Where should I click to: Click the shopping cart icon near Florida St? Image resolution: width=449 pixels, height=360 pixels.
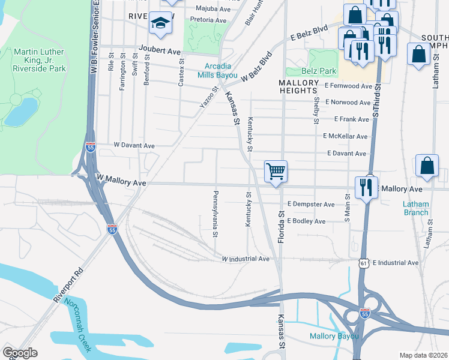coord(276,172)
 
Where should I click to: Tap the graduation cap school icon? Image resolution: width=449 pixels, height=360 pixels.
coord(160,23)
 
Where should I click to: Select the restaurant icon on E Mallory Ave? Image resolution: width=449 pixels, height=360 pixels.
coord(366,187)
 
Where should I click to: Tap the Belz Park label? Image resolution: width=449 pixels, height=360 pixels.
coord(319,71)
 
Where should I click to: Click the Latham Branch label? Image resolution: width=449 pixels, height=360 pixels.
coord(415,208)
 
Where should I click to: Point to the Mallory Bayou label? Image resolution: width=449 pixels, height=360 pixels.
coord(334,336)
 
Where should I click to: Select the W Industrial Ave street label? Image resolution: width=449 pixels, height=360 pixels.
coord(246,259)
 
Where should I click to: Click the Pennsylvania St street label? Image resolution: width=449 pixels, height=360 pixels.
coord(214,214)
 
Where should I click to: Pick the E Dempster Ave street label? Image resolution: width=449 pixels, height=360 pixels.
coord(310,205)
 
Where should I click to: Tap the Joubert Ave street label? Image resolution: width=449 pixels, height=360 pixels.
coord(159,52)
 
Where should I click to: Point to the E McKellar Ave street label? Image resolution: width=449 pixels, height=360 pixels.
coord(345,137)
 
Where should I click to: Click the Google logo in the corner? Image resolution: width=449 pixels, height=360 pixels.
coord(20,353)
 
